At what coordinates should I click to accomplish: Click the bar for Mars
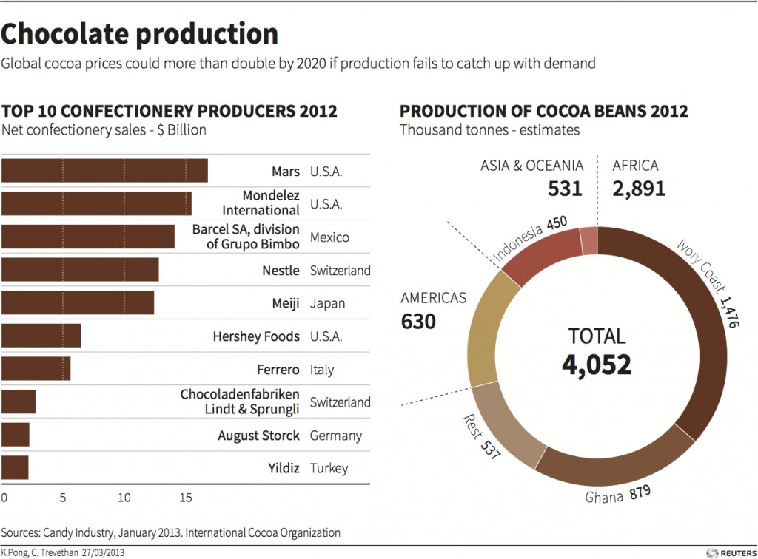(104, 171)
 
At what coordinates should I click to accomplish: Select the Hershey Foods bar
(41, 336)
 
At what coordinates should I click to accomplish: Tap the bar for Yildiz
(15, 468)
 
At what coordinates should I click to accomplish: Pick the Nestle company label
(281, 271)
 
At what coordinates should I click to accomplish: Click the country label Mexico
(329, 238)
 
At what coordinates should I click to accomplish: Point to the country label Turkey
(329, 468)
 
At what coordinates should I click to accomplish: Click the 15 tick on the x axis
(185, 498)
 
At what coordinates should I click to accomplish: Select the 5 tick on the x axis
(63, 498)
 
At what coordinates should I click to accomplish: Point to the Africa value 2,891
(639, 189)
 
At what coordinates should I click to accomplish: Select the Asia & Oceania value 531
(565, 189)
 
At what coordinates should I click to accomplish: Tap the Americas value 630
(418, 322)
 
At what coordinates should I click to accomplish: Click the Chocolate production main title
(140, 33)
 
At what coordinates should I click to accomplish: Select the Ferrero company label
(278, 370)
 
